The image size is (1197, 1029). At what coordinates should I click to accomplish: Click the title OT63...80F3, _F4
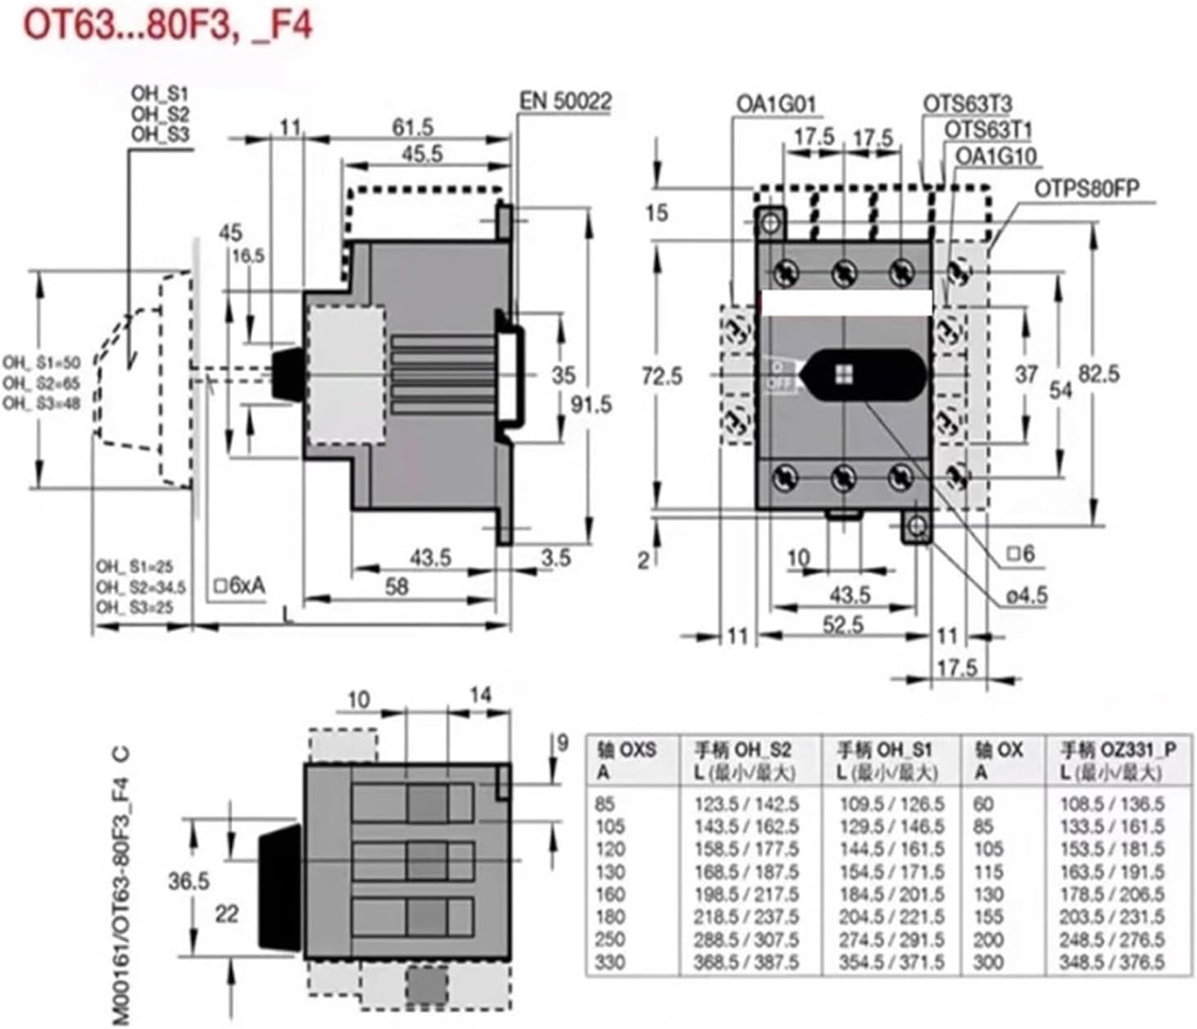(167, 25)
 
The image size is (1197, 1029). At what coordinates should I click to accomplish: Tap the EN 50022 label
(565, 102)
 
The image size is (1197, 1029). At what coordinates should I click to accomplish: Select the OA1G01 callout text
(776, 104)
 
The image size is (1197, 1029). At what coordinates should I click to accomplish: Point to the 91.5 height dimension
(590, 404)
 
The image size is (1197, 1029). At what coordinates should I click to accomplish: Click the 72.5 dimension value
(661, 376)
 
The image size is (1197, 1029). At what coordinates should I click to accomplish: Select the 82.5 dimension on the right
(1098, 374)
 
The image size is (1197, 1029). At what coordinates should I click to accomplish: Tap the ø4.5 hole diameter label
(1027, 595)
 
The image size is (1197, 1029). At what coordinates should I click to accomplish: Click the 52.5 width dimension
(843, 625)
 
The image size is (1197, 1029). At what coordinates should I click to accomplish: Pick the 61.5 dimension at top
(412, 127)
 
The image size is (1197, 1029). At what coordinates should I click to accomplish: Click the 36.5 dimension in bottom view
(188, 882)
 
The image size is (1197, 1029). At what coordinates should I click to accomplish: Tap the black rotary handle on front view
(864, 375)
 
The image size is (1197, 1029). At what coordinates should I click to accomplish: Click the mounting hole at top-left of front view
(769, 223)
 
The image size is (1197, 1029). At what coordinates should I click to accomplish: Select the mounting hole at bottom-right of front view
(917, 525)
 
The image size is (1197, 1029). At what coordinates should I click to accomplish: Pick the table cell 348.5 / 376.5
(1112, 962)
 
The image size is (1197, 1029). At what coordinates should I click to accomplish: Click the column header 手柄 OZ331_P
(1118, 750)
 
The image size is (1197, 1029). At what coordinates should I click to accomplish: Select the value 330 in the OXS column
(610, 962)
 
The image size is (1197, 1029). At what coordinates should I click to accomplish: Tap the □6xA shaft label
(239, 587)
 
